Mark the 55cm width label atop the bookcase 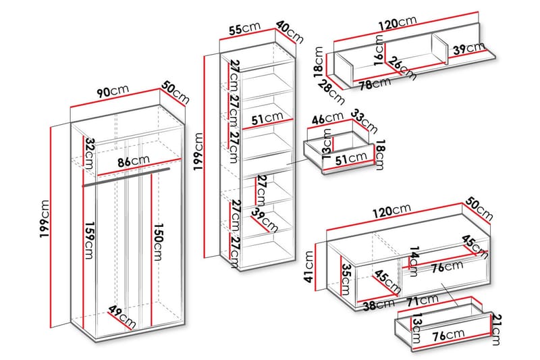[244, 29]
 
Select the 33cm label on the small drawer [367, 123]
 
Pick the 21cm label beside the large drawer [497, 327]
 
